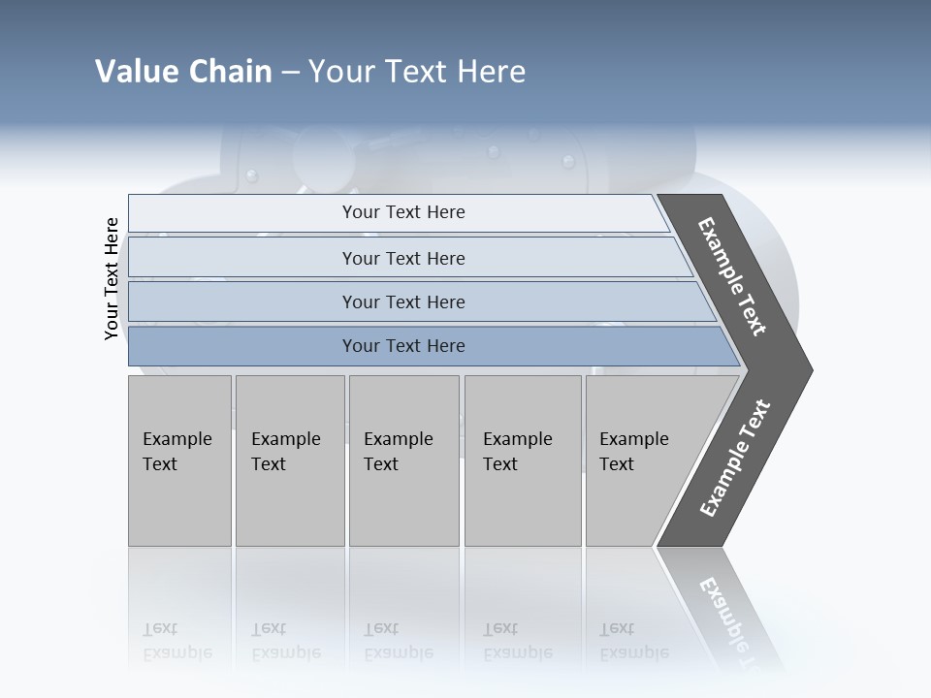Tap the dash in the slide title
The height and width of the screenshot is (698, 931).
coord(290,73)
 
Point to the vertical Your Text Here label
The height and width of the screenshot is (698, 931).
coord(112,278)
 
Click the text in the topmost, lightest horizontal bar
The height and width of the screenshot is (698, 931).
coord(403,212)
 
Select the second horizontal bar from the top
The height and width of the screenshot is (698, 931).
coord(403,258)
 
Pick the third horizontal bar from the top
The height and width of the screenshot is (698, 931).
coord(403,301)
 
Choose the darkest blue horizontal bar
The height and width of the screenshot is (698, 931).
coord(403,346)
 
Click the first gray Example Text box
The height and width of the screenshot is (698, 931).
coord(179,460)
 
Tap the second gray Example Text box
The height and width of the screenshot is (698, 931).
coord(289,460)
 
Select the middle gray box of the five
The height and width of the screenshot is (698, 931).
coord(402,460)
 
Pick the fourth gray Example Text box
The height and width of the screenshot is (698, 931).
coord(522,460)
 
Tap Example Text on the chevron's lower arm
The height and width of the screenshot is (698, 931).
coord(735,459)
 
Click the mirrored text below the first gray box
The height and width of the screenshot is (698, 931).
coord(177,642)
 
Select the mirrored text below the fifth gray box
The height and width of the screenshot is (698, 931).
coord(633,642)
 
